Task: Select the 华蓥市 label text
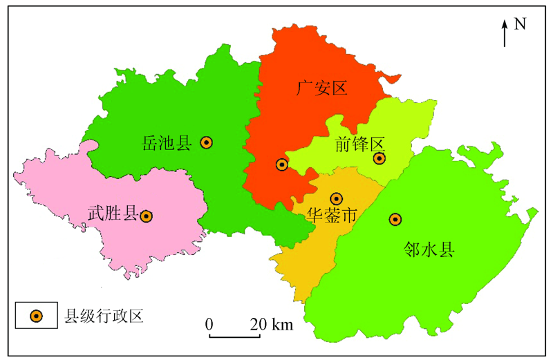click(x=331, y=216)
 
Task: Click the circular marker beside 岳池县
click(x=206, y=142)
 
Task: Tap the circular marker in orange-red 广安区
click(x=281, y=164)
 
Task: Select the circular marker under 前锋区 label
click(x=379, y=159)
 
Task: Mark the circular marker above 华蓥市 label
click(x=337, y=199)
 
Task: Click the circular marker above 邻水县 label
click(x=395, y=219)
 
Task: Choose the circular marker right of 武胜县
click(x=147, y=216)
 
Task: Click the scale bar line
click(x=234, y=337)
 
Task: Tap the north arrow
click(x=505, y=33)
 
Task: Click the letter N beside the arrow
click(x=521, y=24)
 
